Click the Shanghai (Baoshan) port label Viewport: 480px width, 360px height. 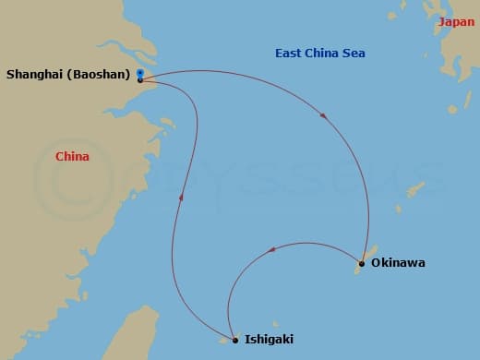66,75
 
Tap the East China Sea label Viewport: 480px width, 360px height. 320,54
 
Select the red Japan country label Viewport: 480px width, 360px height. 456,22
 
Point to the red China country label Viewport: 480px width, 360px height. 72,157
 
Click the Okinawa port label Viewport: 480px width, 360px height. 398,263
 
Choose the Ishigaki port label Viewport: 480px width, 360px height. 270,340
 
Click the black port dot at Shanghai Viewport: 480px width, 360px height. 139,80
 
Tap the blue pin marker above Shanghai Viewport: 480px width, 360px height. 139,72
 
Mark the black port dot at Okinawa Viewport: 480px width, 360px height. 361,265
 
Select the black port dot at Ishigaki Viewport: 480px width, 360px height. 235,341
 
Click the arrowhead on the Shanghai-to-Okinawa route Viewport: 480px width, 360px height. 322,115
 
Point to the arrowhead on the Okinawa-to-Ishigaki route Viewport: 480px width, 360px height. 270,249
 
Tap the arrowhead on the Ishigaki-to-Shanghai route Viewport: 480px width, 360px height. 182,197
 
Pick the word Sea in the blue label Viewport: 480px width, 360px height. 354,54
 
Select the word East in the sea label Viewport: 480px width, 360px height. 289,54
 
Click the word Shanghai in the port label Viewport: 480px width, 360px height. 32,75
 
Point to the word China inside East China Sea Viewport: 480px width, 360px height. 322,54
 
